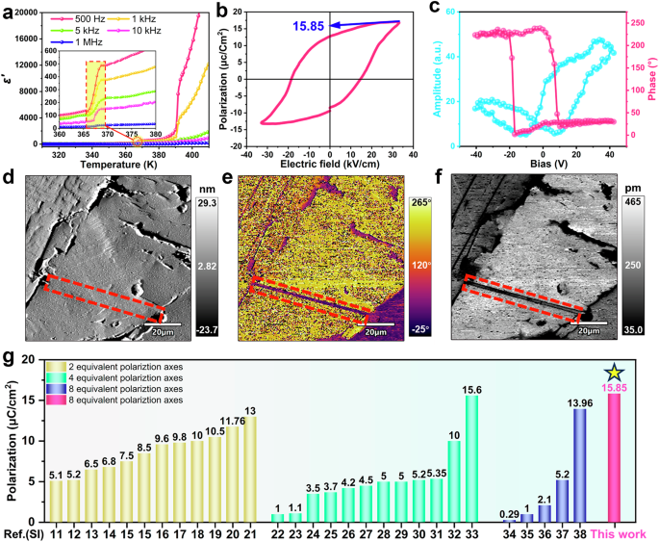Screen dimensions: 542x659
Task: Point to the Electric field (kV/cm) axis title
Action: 329,167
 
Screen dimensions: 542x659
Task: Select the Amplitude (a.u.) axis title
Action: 438,77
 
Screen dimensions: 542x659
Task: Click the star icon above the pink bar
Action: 612,372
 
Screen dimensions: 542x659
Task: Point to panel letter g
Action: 9,358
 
